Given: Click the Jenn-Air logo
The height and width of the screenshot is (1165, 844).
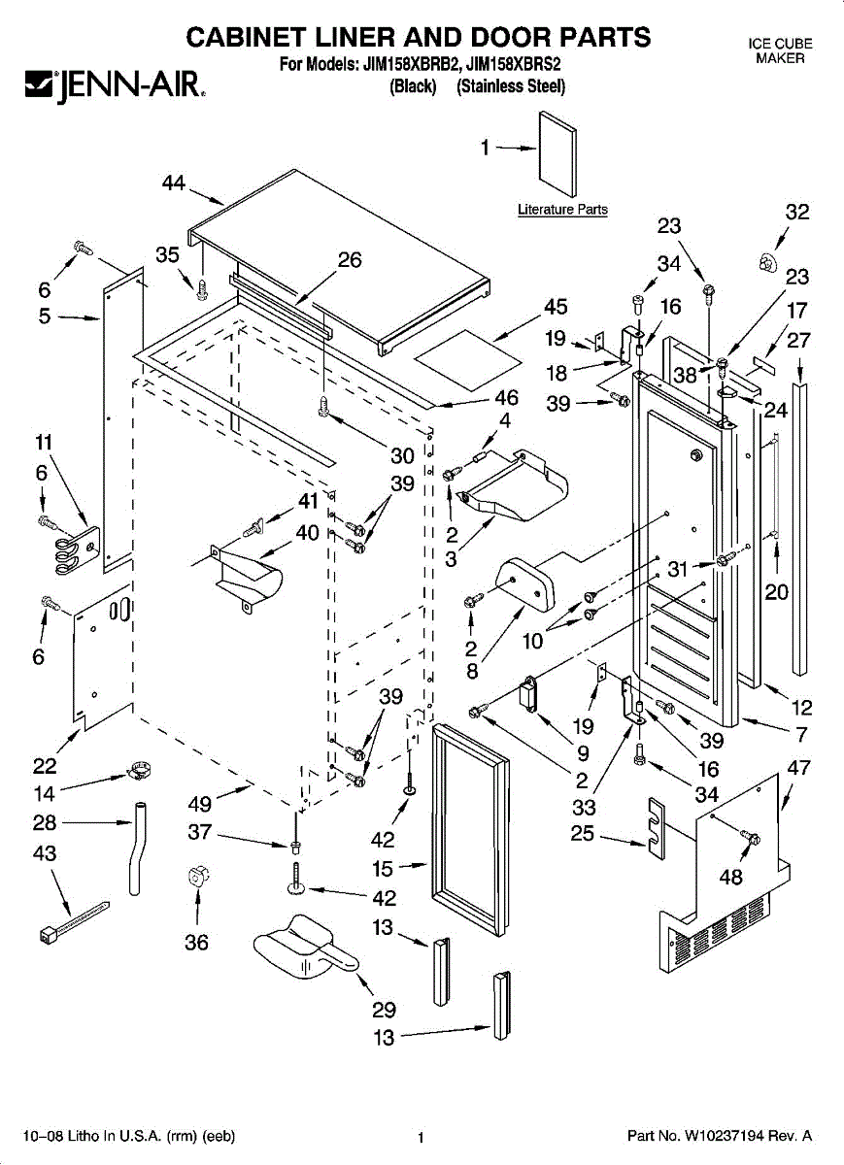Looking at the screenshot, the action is [x=115, y=85].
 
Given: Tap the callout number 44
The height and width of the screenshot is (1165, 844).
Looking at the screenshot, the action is [x=174, y=183].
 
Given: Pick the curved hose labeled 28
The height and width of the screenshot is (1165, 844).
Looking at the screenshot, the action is [x=137, y=849].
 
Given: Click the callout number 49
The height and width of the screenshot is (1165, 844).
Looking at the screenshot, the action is [x=200, y=804].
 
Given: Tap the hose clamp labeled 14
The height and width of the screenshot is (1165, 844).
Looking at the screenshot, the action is [x=139, y=770].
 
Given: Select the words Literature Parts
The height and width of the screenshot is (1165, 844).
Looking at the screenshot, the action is [x=562, y=209].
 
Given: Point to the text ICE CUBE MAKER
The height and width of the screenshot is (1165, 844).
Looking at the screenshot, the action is [x=780, y=50].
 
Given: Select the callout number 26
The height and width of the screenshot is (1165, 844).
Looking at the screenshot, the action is [x=349, y=259].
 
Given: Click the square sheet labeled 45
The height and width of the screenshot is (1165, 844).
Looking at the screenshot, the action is [x=467, y=360].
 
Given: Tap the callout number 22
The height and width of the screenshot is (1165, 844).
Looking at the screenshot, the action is [x=45, y=766].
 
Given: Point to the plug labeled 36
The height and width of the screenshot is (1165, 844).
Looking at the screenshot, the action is [x=197, y=878].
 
